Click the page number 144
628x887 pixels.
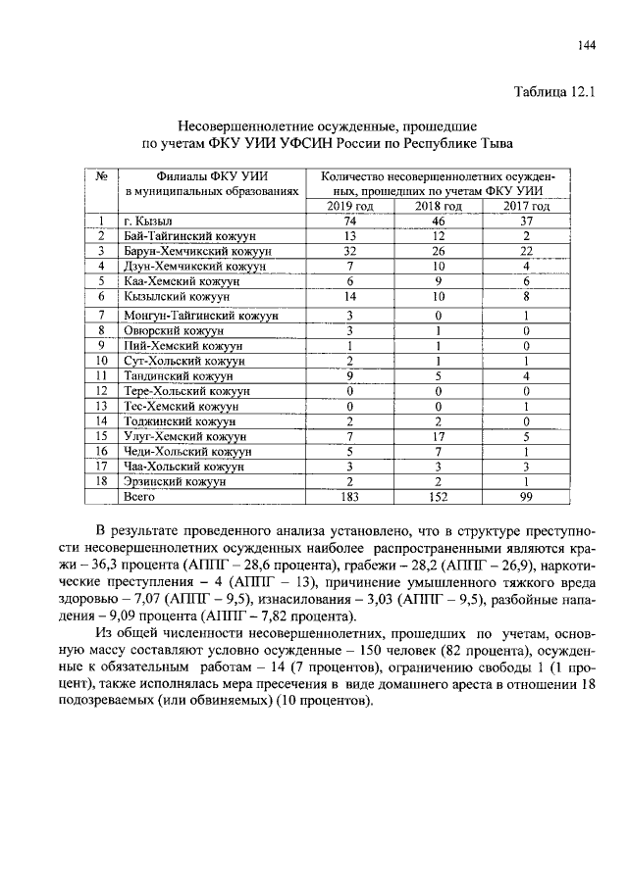point(587,44)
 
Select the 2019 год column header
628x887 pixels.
point(349,207)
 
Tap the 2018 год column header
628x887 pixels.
point(438,207)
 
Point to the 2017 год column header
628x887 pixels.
point(526,207)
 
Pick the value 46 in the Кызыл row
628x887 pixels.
point(438,222)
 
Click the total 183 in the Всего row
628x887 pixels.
point(349,497)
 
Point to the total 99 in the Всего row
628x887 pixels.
point(526,497)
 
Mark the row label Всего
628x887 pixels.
point(142,497)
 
